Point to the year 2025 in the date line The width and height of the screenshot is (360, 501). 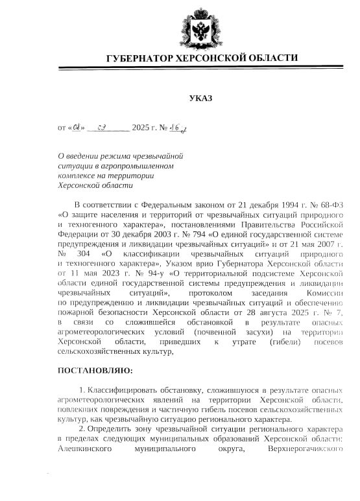click(x=141, y=128)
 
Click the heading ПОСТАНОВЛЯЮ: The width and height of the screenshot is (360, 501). click(x=95, y=371)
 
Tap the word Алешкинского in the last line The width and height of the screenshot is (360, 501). click(x=85, y=447)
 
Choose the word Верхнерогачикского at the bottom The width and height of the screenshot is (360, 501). click(x=303, y=447)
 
